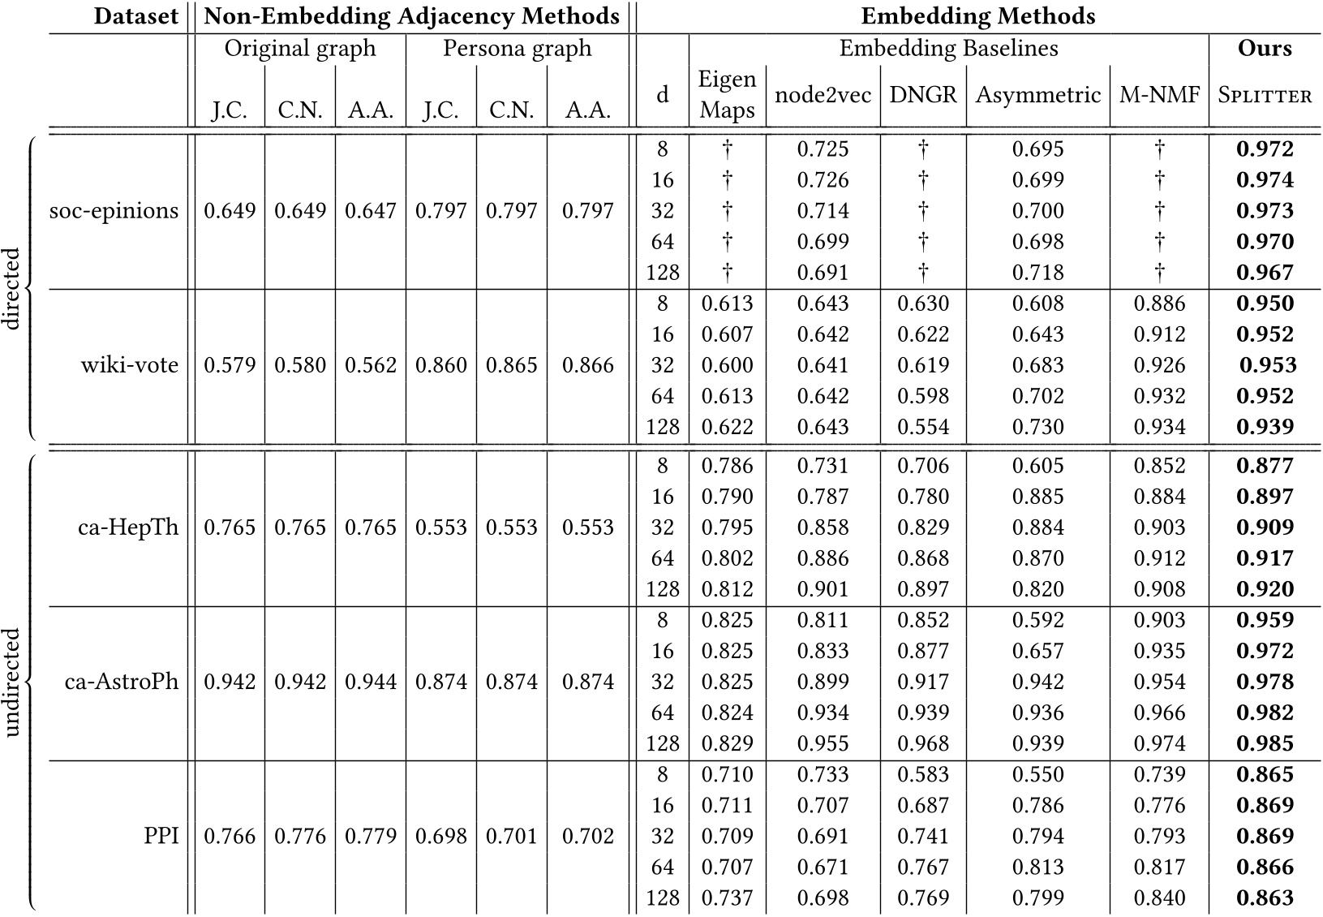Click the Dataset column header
point(135,16)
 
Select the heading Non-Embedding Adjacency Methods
point(411,16)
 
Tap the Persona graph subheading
point(517,49)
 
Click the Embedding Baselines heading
point(948,49)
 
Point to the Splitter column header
point(1265,95)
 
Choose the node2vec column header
point(823,95)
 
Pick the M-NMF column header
point(1159,95)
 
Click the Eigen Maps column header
point(727,95)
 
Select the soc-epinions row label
point(114,211)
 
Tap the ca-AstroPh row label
point(121,682)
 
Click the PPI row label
point(161,836)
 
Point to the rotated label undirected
point(11,682)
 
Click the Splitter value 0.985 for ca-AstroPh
point(1265,743)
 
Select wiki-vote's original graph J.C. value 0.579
point(230,365)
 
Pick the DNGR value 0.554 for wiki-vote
point(922,427)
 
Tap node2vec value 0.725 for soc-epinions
point(823,149)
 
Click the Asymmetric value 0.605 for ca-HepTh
point(1037,466)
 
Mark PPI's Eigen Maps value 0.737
point(727,898)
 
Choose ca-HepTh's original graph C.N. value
point(300,527)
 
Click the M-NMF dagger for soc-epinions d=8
point(1159,149)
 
